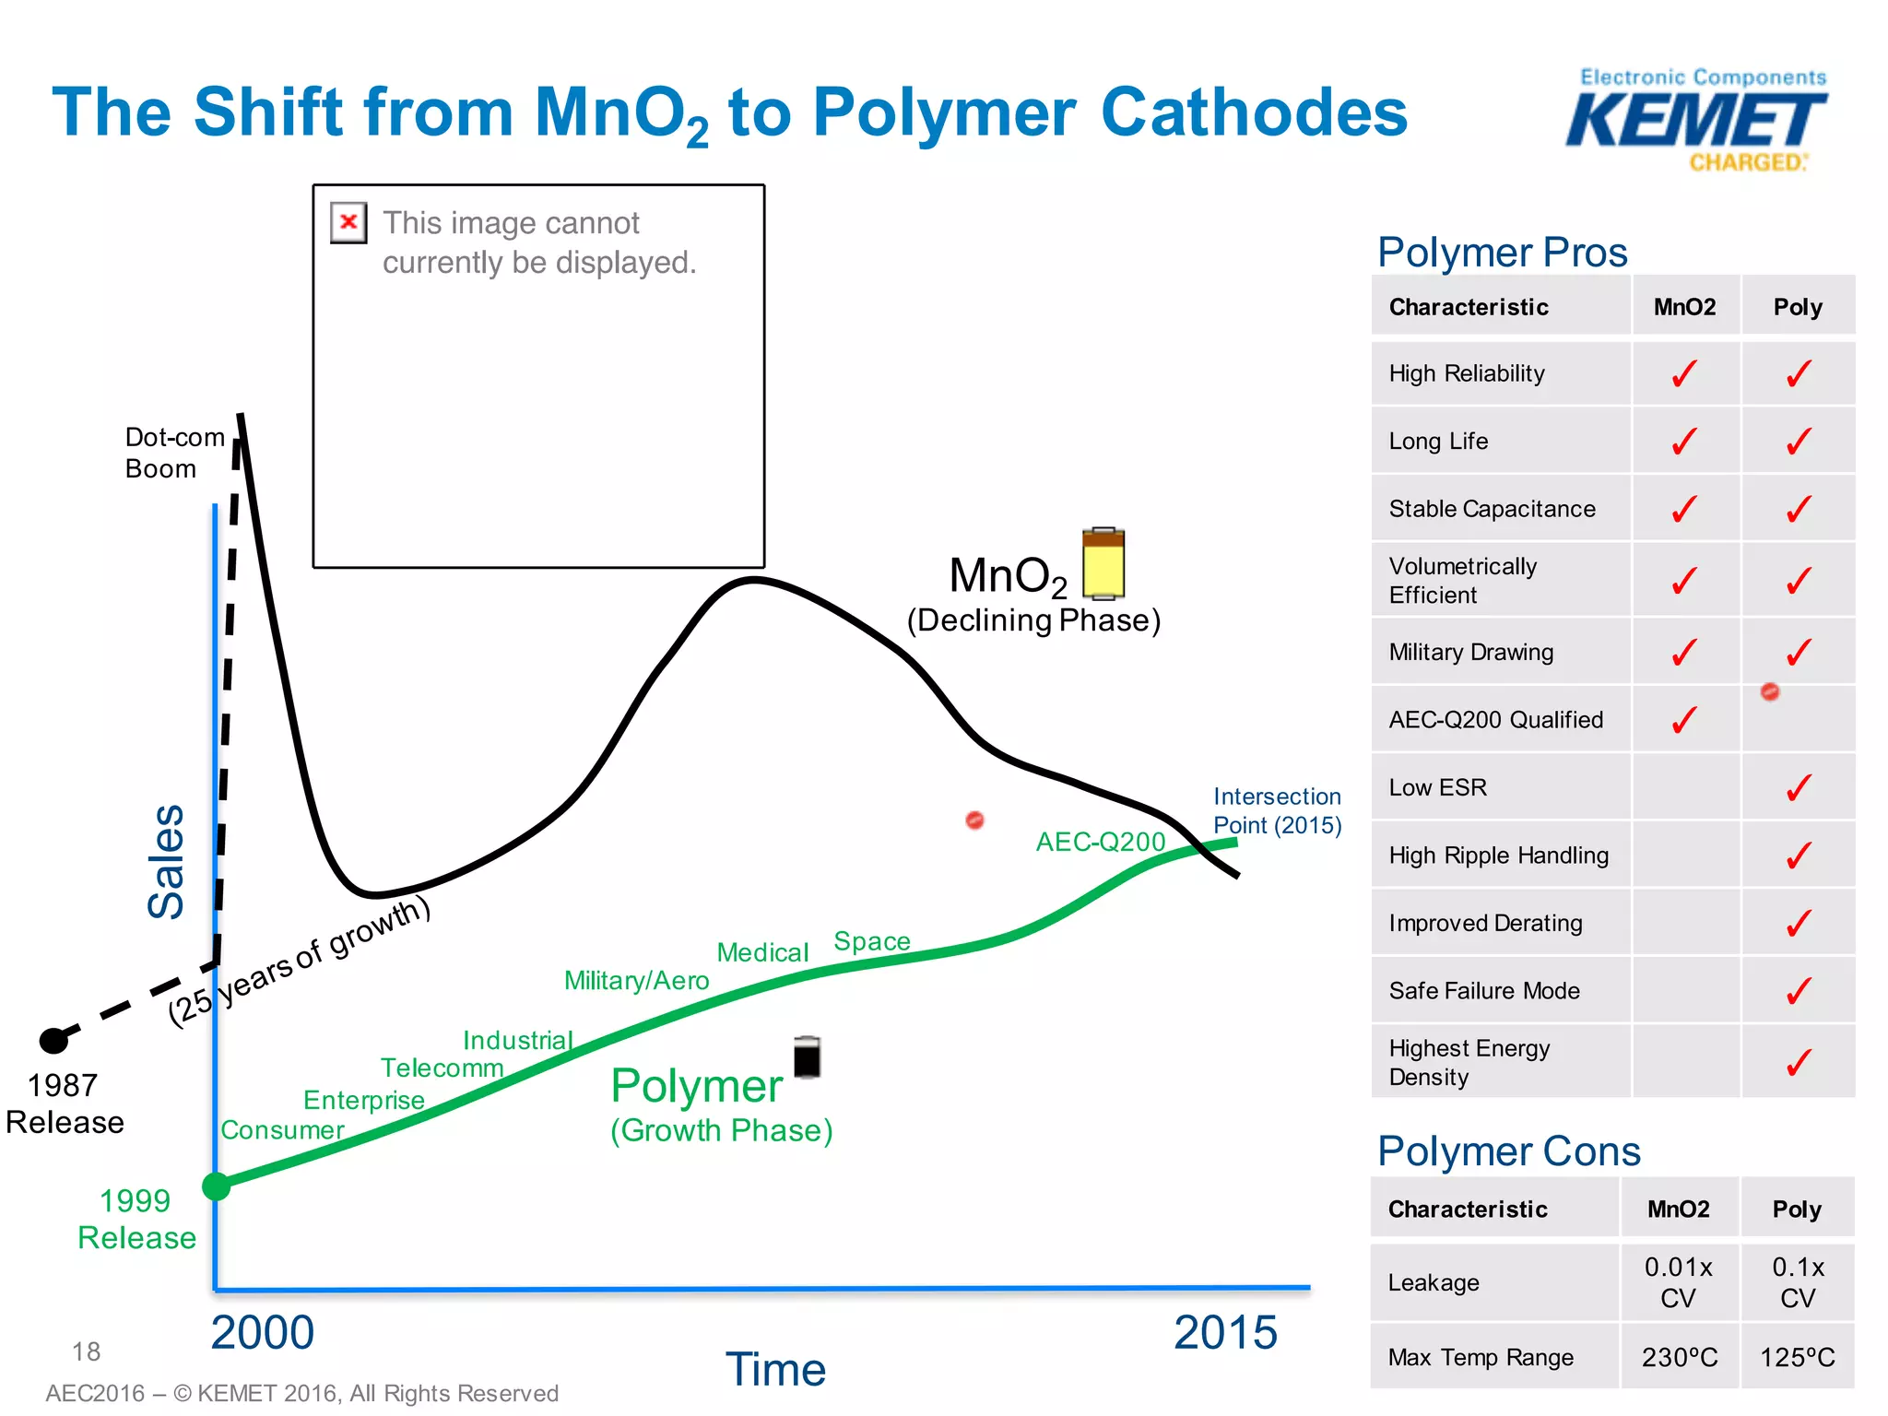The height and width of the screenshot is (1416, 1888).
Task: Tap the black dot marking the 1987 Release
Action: click(53, 1041)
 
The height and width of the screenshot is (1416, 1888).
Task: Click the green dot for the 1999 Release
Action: click(216, 1186)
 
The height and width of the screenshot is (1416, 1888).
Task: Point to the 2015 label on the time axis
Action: click(1224, 1332)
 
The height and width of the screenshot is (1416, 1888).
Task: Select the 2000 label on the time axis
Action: click(263, 1332)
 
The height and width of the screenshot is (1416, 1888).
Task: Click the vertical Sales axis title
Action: click(167, 861)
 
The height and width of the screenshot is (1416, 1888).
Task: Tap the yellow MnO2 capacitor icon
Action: click(1103, 563)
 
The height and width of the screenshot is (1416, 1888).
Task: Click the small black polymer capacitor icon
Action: click(807, 1056)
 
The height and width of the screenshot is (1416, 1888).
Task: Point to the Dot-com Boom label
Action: click(173, 453)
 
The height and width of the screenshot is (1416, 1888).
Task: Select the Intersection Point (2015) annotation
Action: click(1276, 810)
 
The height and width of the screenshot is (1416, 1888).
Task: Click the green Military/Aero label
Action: click(636, 980)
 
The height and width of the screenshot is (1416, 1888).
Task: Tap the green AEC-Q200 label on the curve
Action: click(1100, 841)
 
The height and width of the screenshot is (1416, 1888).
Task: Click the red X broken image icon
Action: click(348, 222)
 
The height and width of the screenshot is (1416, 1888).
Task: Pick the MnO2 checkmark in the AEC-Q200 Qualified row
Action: click(1683, 720)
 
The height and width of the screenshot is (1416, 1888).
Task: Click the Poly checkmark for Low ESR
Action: click(1798, 787)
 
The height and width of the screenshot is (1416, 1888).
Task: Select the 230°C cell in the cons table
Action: click(1679, 1357)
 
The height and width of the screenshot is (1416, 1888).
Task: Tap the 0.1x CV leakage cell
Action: click(1797, 1282)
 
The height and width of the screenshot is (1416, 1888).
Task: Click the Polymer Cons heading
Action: click(1508, 1151)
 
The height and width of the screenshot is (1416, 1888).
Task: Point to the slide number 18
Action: click(86, 1351)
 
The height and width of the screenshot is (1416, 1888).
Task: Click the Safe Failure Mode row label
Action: click(1483, 991)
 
